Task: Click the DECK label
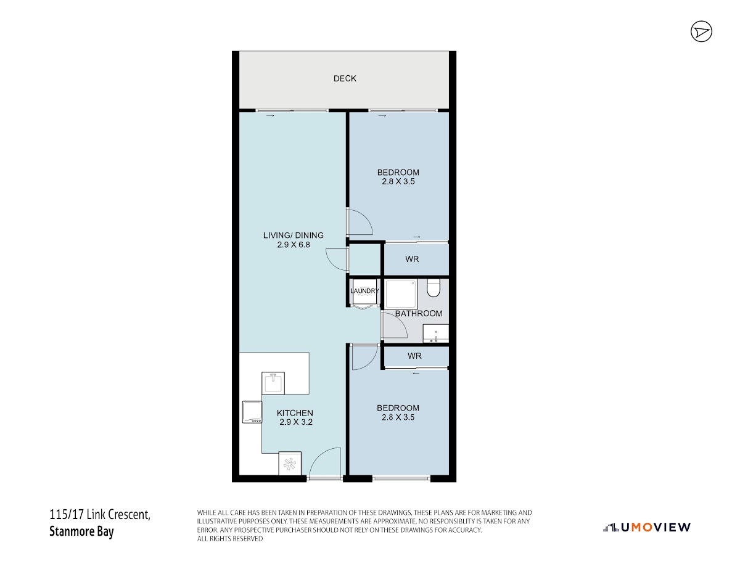click(x=345, y=78)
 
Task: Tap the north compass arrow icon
click(x=701, y=31)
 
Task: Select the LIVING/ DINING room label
click(x=294, y=235)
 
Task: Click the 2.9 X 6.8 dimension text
click(x=294, y=245)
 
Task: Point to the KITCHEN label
click(x=295, y=413)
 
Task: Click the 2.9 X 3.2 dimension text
click(x=295, y=422)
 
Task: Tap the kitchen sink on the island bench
click(x=273, y=383)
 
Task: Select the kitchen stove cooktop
click(x=252, y=412)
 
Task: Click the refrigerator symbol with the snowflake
click(x=290, y=464)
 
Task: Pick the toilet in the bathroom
click(x=434, y=288)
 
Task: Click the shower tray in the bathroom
click(x=401, y=293)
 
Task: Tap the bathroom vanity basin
click(x=436, y=334)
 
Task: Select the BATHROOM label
click(x=418, y=313)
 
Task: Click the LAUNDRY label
click(x=364, y=291)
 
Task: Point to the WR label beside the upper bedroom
click(x=412, y=259)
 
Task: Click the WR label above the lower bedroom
click(x=414, y=356)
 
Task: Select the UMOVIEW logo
click(x=647, y=527)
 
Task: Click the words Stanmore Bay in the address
click(x=81, y=531)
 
